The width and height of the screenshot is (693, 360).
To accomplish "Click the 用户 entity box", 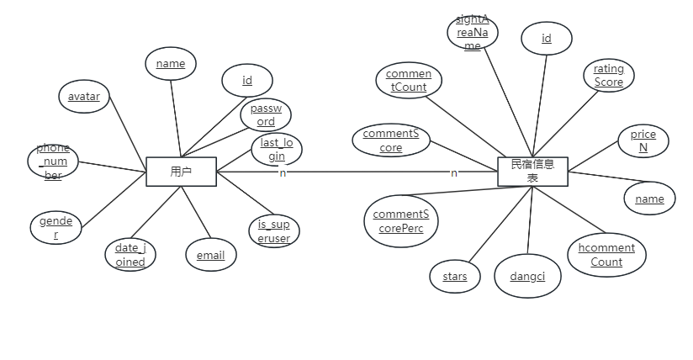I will click(181, 172).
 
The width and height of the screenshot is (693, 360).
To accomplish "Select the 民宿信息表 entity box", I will click(532, 171).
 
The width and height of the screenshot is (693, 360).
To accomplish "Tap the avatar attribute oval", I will click(83, 97).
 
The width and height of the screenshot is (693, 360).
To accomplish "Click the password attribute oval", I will click(266, 116).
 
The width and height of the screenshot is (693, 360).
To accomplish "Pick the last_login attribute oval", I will click(277, 150).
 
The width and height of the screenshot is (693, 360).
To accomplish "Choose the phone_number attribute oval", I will click(53, 161).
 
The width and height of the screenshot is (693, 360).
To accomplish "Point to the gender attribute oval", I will click(56, 228).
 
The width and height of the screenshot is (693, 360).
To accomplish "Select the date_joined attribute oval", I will click(130, 255).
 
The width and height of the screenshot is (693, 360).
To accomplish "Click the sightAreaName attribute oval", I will click(473, 32).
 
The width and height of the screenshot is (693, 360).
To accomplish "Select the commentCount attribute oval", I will click(408, 81).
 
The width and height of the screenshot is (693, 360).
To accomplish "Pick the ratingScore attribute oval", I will click(609, 76).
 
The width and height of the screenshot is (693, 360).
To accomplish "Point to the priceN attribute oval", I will click(643, 141).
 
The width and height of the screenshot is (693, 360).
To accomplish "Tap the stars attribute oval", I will click(454, 277).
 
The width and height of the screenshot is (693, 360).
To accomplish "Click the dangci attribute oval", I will click(527, 277).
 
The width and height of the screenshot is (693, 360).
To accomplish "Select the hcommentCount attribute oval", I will click(606, 255).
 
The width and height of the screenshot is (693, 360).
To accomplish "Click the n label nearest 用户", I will click(283, 173).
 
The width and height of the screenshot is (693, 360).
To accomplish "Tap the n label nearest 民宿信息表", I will click(454, 173).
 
